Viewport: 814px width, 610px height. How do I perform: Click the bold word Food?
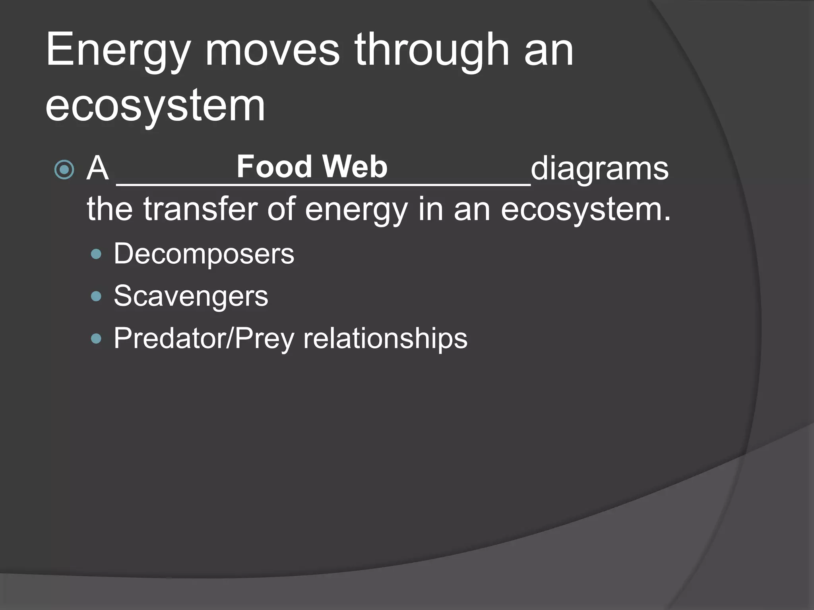pos(274,166)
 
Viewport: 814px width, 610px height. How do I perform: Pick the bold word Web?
pos(355,166)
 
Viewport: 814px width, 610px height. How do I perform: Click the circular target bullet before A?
pos(64,170)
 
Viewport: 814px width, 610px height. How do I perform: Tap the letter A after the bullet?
pos(98,168)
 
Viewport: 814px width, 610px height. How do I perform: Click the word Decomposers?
pos(204,254)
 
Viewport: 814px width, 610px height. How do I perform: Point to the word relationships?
pos(385,339)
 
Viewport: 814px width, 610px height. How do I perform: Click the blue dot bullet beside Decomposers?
pos(96,254)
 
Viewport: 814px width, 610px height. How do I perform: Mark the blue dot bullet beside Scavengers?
pos(96,296)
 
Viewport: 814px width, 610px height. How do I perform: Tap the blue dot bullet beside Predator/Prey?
pos(96,338)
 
